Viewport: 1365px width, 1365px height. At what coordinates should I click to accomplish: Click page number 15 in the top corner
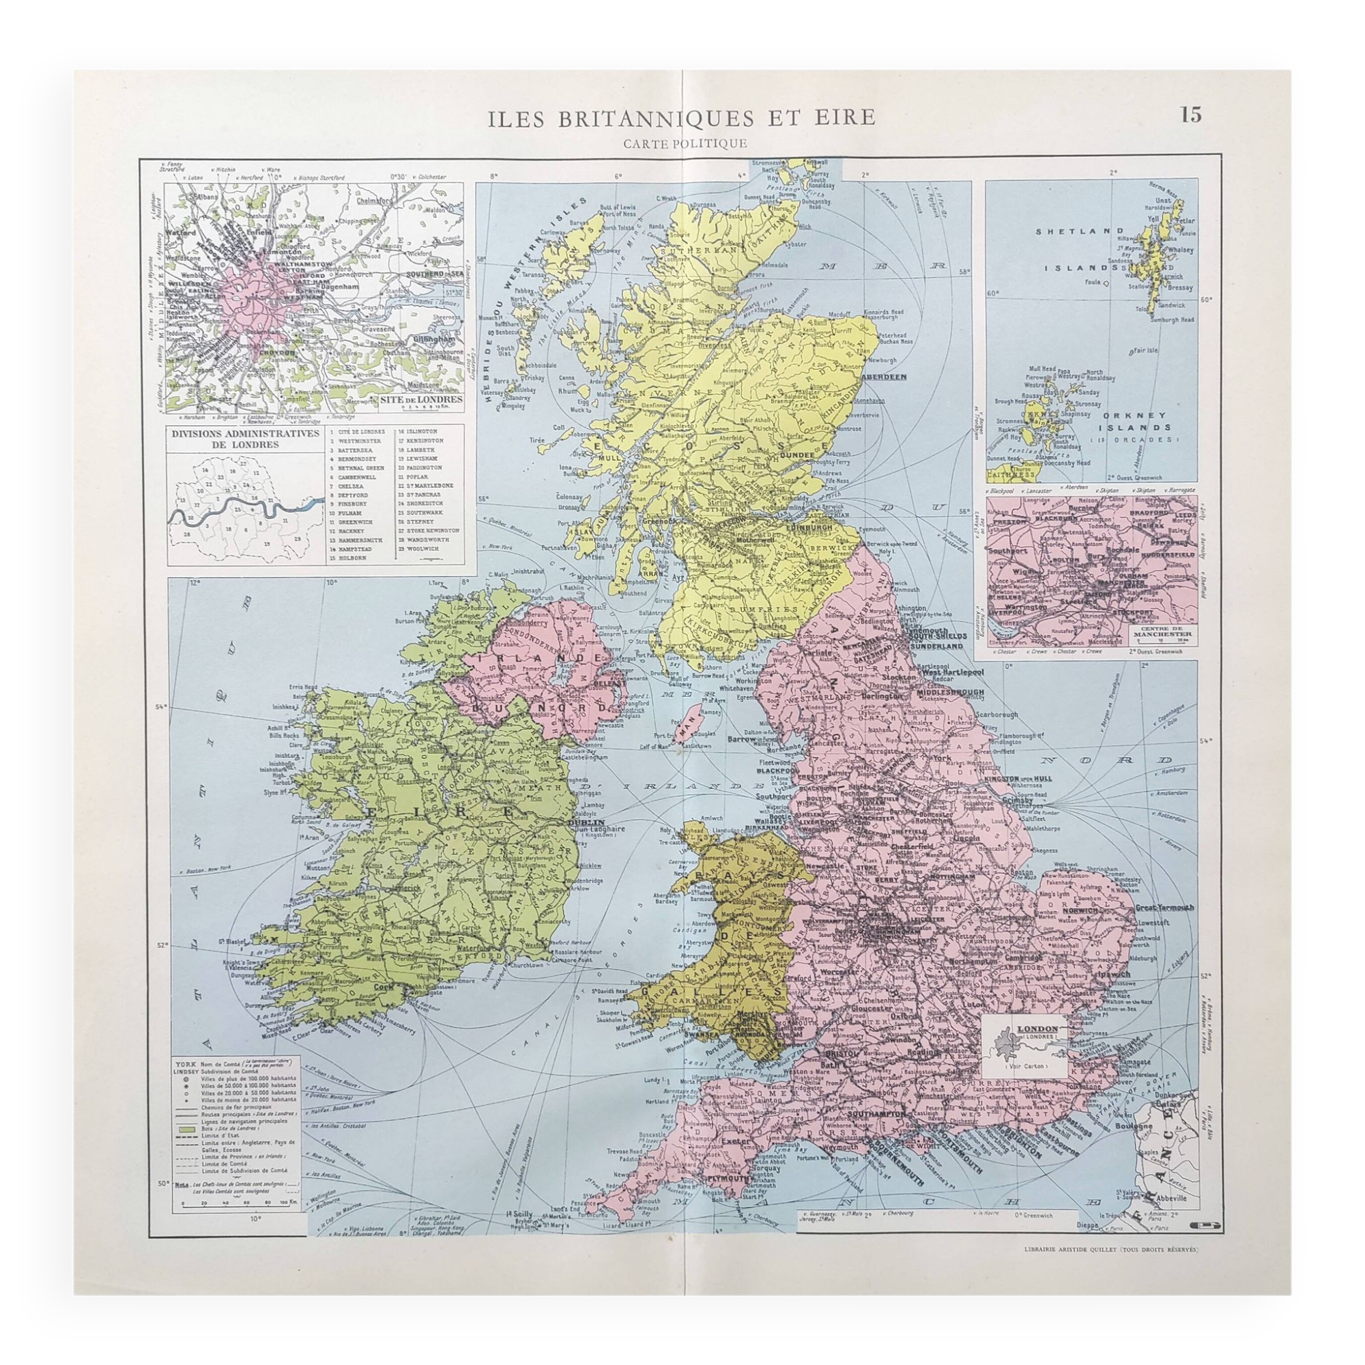click(x=1190, y=115)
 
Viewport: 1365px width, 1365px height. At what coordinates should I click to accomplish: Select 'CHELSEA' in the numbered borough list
click(x=344, y=485)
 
